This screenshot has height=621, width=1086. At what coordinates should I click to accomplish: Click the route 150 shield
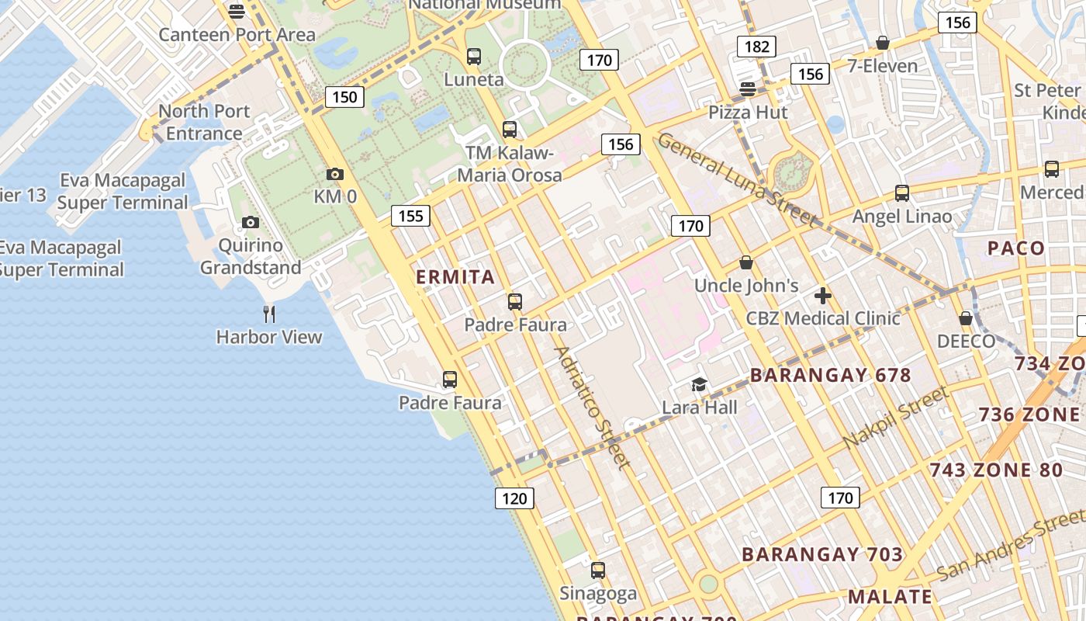coord(344,96)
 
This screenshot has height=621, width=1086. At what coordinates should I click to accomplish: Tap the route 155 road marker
coord(410,215)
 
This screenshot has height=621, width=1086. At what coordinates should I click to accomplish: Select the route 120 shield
coord(514,498)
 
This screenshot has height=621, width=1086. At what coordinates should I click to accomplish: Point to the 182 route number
coord(756,46)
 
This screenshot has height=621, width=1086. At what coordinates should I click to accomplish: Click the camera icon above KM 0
coord(335,174)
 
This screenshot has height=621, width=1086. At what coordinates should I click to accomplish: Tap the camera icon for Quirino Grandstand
coord(250,223)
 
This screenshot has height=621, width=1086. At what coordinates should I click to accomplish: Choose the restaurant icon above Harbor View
coord(269,314)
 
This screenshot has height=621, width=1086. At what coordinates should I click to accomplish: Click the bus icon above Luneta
coord(473,57)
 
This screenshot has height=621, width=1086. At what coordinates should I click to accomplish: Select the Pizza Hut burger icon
coord(748,89)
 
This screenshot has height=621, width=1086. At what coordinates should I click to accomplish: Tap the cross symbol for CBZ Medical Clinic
coord(823,295)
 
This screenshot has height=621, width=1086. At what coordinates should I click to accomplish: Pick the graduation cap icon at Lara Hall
coord(700,384)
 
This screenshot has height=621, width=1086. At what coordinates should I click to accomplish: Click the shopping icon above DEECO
coord(966,318)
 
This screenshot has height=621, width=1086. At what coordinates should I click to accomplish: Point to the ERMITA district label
coord(455,277)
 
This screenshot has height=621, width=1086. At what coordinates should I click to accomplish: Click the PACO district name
coord(1016,248)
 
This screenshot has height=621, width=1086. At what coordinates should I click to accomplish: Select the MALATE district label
coord(890,597)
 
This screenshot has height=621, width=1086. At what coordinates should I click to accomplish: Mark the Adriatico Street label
coord(590,408)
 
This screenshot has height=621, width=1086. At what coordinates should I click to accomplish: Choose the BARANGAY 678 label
coord(830,376)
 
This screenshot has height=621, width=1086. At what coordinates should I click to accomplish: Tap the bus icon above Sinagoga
coord(598,571)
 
